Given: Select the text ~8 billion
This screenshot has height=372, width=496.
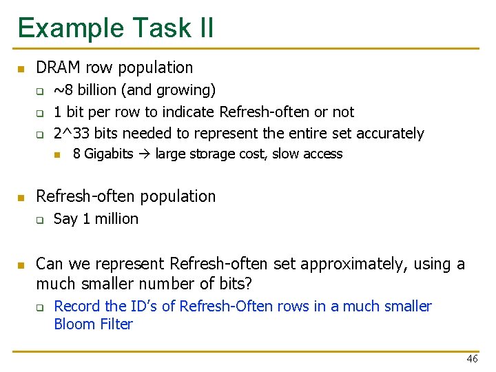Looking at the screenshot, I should click(79, 90).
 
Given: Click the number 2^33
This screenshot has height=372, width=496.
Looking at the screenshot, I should click(71, 133).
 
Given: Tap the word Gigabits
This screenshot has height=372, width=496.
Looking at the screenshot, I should click(108, 154).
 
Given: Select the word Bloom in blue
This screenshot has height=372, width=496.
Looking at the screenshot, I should click(72, 324).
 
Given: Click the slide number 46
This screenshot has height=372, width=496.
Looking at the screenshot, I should click(472, 359).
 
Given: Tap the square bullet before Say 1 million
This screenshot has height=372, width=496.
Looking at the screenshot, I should click(40, 220).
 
